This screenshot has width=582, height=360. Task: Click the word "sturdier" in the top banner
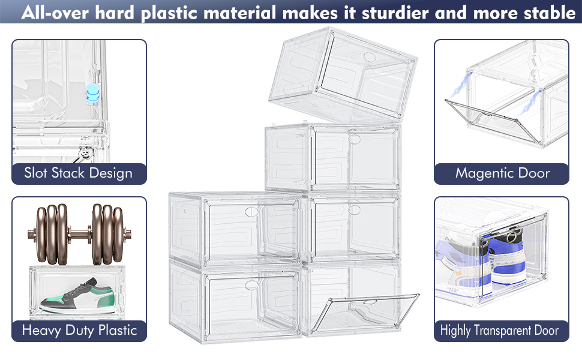pos(395,13)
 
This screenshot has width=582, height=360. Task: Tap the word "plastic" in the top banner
pos(169,13)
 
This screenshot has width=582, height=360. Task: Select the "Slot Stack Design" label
pos(79,173)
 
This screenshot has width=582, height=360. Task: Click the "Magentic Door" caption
pos(503,173)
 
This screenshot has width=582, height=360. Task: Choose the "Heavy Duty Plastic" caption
pos(79,330)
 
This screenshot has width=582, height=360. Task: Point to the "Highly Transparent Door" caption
pos(499,330)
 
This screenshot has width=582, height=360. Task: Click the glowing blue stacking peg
pos(92,94)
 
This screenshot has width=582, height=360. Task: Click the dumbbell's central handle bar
pos(79,235)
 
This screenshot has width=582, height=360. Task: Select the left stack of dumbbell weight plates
pos(52,234)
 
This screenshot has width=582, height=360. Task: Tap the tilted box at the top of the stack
pos(343,74)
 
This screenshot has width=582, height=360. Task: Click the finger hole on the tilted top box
pos(370,57)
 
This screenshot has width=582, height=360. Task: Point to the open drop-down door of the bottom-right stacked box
pos(365,313)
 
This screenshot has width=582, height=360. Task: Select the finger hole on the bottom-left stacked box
pos(251,286)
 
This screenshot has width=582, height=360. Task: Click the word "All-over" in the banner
pos(55,13)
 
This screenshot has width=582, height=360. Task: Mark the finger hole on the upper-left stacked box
pos(251,212)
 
